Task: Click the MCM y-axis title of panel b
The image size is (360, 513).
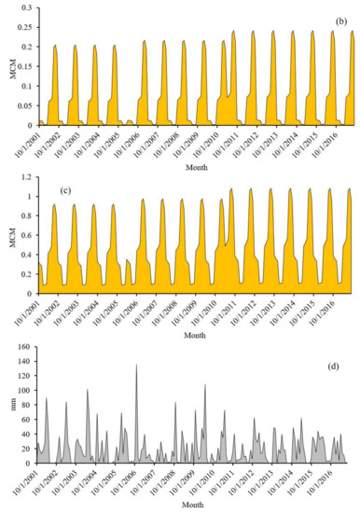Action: (x=7, y=65)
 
